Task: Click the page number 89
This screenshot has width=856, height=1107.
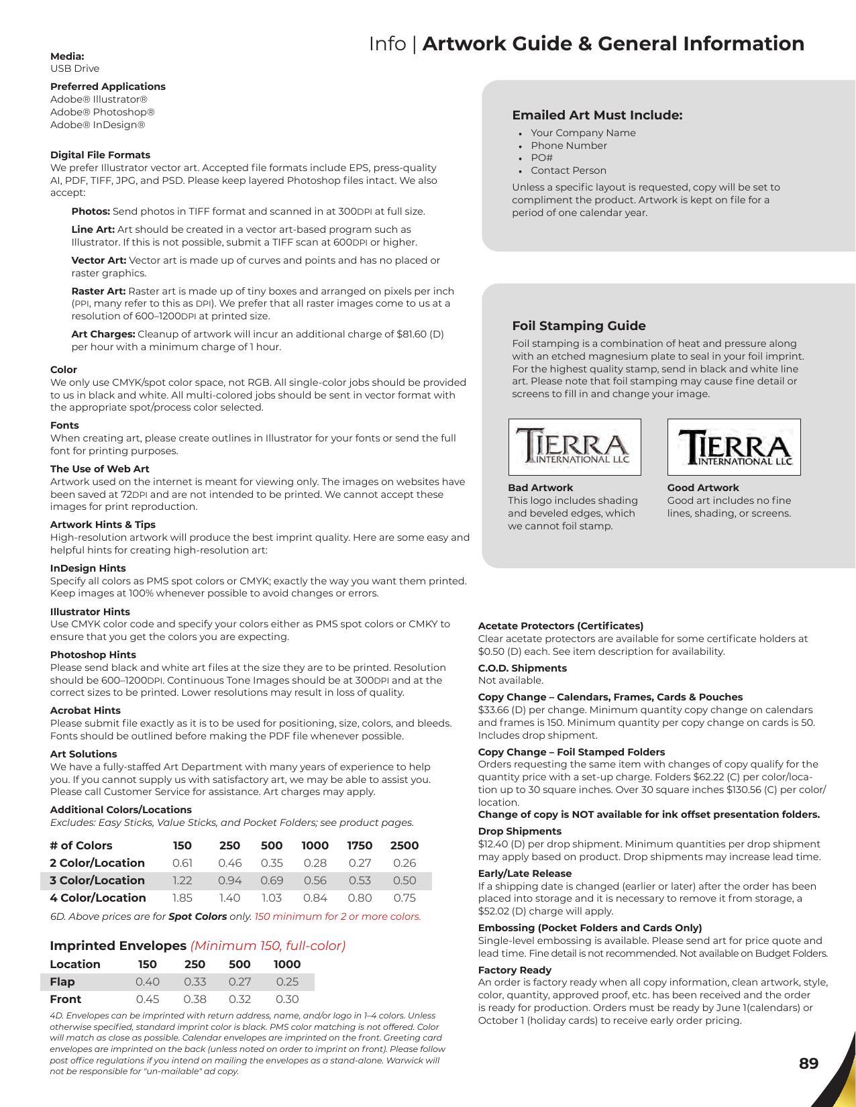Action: [x=808, y=1063]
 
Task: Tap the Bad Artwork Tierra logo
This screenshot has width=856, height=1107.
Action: [x=574, y=447]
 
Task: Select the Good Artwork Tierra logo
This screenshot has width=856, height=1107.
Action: [x=734, y=447]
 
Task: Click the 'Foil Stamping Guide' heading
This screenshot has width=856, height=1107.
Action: [x=578, y=325]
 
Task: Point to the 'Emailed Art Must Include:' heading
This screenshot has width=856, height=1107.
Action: [x=597, y=115]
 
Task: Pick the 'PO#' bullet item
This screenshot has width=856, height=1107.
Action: [x=541, y=158]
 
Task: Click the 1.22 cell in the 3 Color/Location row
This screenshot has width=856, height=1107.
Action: [x=182, y=880]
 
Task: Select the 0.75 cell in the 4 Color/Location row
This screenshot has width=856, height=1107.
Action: [x=405, y=898]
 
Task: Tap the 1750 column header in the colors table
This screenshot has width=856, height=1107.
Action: [x=360, y=845]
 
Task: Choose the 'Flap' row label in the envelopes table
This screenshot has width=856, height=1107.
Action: [x=62, y=982]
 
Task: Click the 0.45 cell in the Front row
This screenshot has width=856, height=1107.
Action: [x=147, y=999]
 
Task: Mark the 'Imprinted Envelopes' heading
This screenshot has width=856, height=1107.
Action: [x=118, y=945]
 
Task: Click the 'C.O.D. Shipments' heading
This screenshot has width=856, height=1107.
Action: [x=522, y=668]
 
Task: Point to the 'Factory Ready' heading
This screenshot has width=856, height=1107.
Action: [x=515, y=970]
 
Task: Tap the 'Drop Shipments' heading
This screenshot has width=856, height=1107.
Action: [x=519, y=831]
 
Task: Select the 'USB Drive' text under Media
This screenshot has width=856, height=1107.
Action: [x=74, y=68]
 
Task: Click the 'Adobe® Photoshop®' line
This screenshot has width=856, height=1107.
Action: [x=102, y=112]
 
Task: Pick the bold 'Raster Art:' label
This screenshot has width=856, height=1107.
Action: [x=98, y=291]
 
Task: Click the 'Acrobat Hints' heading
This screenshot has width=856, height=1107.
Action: [x=85, y=710]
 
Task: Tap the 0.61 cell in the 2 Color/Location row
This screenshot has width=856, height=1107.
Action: [x=182, y=863]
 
